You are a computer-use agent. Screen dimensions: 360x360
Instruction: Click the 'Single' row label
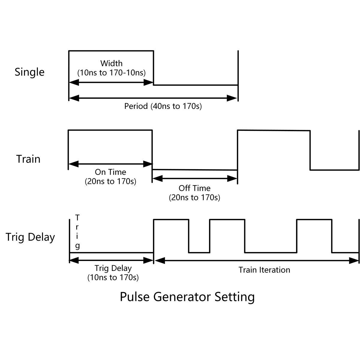click(29, 72)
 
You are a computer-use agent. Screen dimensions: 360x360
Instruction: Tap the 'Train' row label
click(28, 159)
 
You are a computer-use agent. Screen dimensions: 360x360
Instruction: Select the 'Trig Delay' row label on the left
click(30, 237)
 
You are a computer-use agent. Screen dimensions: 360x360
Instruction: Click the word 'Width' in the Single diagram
click(111, 63)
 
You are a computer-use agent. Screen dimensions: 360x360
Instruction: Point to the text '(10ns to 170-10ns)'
click(111, 73)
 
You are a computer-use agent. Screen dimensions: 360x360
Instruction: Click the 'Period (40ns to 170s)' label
click(163, 106)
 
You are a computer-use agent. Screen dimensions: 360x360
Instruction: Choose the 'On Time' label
click(110, 172)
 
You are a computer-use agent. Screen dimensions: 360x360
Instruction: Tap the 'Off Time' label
click(194, 188)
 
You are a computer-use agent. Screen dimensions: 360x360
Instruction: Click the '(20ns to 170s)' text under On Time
click(110, 181)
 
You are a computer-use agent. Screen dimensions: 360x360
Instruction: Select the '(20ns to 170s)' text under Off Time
click(194, 198)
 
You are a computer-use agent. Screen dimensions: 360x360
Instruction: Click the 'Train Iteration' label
click(264, 270)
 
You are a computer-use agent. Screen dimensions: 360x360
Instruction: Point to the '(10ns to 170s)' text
click(113, 277)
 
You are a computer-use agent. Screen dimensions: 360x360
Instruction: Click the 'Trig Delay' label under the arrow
click(113, 268)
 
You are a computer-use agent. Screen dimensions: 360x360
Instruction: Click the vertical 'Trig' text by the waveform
click(77, 232)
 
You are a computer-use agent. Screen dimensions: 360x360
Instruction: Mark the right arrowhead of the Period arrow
click(232, 98)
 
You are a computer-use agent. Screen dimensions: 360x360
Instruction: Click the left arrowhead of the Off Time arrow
click(157, 179)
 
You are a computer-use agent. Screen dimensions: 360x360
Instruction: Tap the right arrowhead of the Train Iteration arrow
click(354, 261)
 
